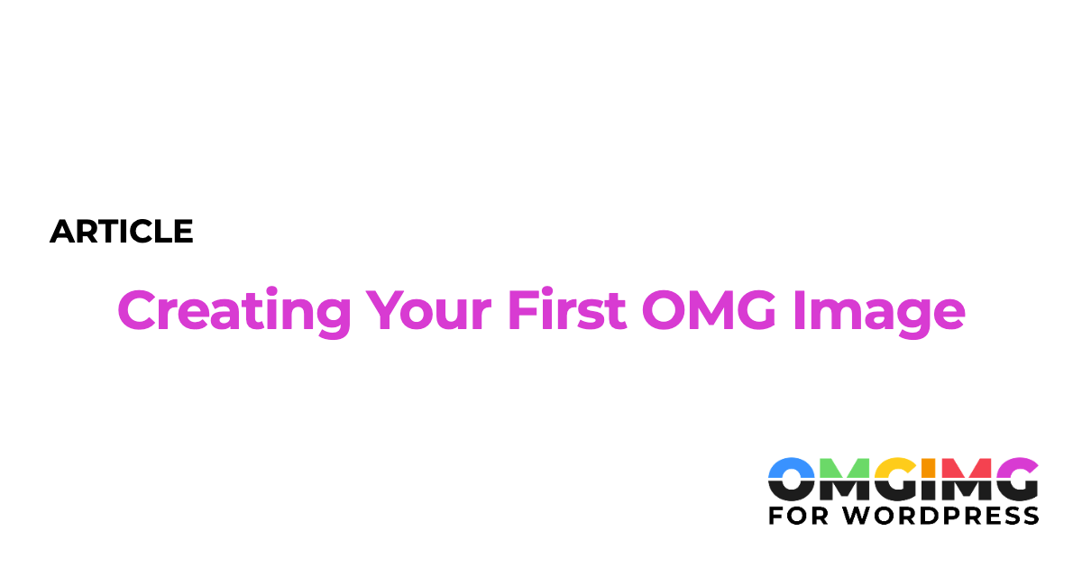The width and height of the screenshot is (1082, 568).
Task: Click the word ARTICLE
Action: click(x=122, y=232)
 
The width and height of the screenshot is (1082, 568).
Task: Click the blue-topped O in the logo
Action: click(x=792, y=479)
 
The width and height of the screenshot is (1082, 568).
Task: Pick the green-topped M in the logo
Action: click(x=844, y=479)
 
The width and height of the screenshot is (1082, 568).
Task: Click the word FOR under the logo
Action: click(x=797, y=515)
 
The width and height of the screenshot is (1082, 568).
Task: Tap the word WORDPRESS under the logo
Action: click(x=939, y=515)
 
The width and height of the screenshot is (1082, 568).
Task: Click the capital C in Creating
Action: click(x=137, y=310)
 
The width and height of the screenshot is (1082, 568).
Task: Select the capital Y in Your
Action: click(x=386, y=310)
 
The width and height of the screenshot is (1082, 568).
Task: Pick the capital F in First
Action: click(x=521, y=310)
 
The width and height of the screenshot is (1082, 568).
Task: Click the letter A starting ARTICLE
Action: click(x=63, y=232)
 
